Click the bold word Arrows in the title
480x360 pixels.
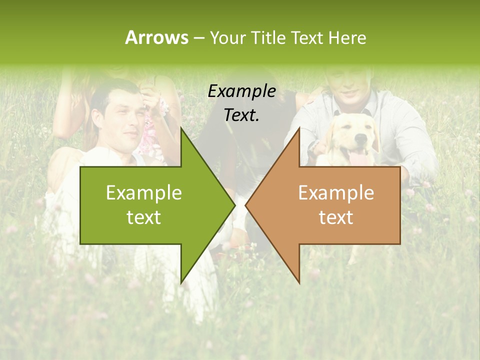[x=156, y=37]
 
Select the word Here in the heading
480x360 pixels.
[x=347, y=38]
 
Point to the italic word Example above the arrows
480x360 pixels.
[x=242, y=91]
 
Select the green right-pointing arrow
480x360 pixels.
[x=150, y=205]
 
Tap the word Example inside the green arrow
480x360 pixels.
[x=144, y=193]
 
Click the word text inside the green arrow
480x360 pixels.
[x=144, y=217]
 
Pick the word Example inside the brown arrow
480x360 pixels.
[x=336, y=193]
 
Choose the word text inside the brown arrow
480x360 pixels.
[x=336, y=217]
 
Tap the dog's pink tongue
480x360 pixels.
[x=357, y=158]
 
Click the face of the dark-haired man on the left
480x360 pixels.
[x=120, y=120]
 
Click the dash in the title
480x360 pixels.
[x=198, y=38]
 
